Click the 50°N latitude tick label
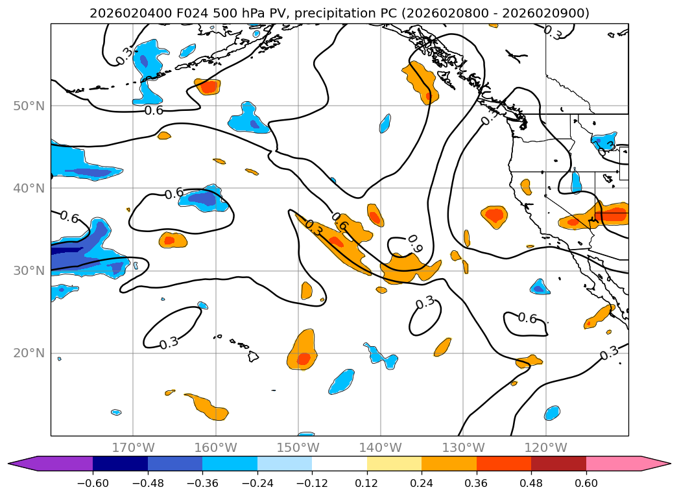(x=29, y=106)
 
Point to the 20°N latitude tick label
(x=29, y=353)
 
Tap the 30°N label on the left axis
(x=29, y=271)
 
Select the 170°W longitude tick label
(x=133, y=447)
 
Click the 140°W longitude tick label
(x=381, y=447)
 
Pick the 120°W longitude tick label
(x=545, y=447)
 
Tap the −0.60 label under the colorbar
(x=93, y=483)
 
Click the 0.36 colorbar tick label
(x=477, y=483)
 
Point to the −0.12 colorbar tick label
(x=312, y=483)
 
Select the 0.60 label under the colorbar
(x=586, y=483)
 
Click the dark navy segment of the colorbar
(x=121, y=464)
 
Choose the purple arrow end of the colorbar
(x=51, y=464)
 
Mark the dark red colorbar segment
(x=558, y=464)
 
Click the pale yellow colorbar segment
(x=394, y=464)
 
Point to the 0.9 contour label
(x=415, y=244)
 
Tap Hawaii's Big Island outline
(x=254, y=356)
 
